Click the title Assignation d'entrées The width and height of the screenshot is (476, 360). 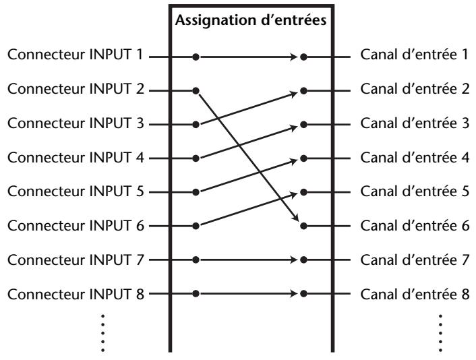point(251,20)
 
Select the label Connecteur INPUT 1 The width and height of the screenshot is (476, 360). point(75,55)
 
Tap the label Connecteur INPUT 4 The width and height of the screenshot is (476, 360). point(76,157)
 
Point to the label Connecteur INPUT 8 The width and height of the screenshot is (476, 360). point(76,294)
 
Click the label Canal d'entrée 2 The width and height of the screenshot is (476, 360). point(415,88)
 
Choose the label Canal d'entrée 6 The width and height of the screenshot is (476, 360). point(415,226)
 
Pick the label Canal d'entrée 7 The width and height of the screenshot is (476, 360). point(415,260)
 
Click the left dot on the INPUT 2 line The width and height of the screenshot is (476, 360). point(196,91)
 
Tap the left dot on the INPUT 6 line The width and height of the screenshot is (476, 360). point(196,226)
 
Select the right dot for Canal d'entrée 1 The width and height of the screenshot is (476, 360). point(303,57)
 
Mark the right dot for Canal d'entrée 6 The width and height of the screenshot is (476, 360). point(303,226)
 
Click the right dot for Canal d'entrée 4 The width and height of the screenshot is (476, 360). point(303,158)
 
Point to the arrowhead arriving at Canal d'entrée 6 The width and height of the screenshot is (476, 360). point(296,217)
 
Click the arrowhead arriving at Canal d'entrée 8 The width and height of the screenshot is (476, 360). point(294,294)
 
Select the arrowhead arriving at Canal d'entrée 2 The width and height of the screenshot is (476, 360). point(294,94)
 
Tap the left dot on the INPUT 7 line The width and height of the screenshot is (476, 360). point(196,260)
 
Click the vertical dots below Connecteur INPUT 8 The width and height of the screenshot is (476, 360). point(103,333)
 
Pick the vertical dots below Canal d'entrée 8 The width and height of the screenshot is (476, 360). point(440,333)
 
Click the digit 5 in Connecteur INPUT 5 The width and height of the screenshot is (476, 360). point(140,191)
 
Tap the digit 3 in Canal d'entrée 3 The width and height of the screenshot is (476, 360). point(465,123)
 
